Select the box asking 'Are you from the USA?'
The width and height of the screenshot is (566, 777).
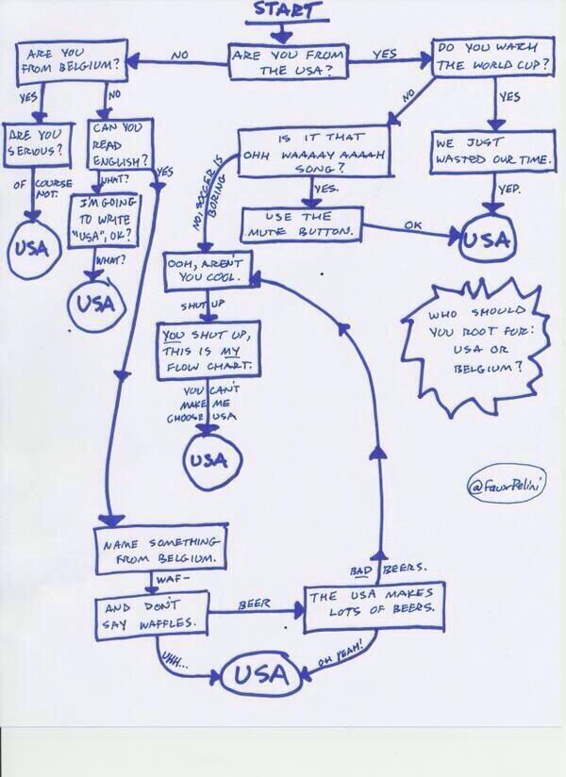(x=287, y=61)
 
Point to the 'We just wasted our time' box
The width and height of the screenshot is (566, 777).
(x=493, y=152)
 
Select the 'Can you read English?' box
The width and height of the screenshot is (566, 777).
(x=117, y=143)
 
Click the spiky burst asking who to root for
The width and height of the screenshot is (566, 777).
(x=470, y=344)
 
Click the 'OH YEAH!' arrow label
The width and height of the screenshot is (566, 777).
(x=341, y=653)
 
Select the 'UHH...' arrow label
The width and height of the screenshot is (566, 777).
(x=176, y=657)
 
